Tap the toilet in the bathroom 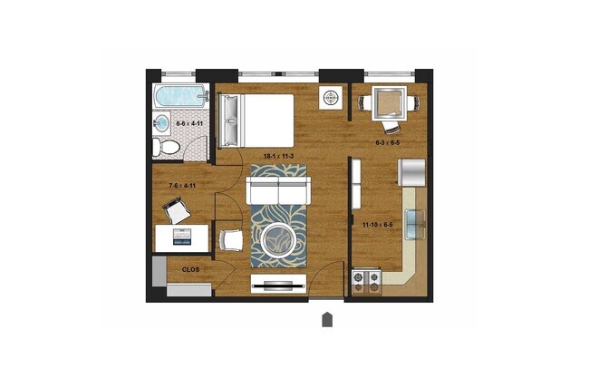[159, 146]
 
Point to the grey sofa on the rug [279, 191]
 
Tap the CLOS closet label [191, 269]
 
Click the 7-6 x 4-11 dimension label [182, 187]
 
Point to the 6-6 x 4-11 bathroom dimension [188, 122]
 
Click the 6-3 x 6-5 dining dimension [390, 142]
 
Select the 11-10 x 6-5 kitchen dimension [378, 223]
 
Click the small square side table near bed [330, 96]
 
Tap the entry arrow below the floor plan [327, 319]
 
